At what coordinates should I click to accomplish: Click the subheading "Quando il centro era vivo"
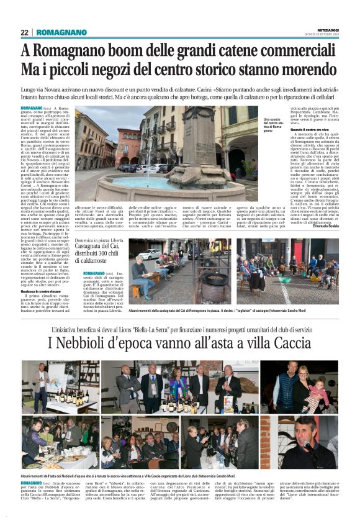pos(307,129)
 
